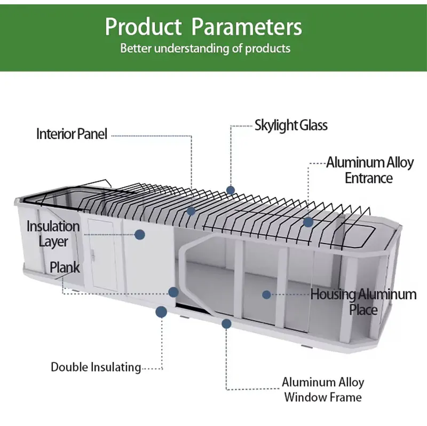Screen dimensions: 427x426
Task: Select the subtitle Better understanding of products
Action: (x=205, y=48)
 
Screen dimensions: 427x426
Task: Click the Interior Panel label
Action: (x=72, y=134)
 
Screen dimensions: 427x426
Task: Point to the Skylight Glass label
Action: (x=291, y=126)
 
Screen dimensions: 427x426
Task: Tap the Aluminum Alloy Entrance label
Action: (x=369, y=170)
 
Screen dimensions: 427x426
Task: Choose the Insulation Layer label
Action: (x=53, y=234)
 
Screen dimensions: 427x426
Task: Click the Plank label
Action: (x=65, y=267)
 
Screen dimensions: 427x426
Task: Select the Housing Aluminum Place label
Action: (x=363, y=301)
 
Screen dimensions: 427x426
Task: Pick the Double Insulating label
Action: (x=96, y=367)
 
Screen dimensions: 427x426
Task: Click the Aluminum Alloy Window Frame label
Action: (x=323, y=390)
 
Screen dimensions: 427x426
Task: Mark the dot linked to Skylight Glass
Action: (x=231, y=190)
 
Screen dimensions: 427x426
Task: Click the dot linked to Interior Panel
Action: (x=191, y=211)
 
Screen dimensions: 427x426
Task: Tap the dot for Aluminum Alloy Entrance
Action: (x=308, y=221)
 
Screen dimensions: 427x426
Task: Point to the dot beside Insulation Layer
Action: (x=140, y=234)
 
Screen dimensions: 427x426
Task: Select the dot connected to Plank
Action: (x=173, y=292)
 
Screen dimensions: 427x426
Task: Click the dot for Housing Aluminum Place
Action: (x=266, y=294)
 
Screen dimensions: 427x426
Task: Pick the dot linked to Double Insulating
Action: (x=161, y=312)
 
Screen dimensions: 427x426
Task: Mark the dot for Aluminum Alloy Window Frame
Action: (x=227, y=323)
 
